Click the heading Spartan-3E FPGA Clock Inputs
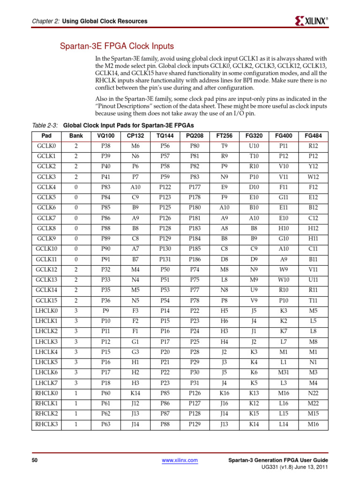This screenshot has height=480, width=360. (x=116, y=46)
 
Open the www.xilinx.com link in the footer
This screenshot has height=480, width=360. (x=180, y=461)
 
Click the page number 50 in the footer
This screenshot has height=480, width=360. (x=34, y=461)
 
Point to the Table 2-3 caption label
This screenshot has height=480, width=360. (x=45, y=126)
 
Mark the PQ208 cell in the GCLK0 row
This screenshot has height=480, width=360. (x=195, y=146)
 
